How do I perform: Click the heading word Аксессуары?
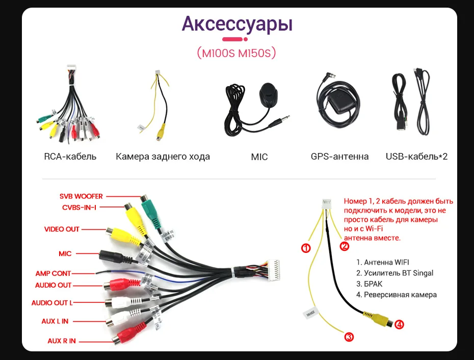tap(237, 24)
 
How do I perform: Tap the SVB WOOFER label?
tap(81, 196)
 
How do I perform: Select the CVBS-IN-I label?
tap(79, 207)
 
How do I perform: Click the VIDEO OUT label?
tap(62, 229)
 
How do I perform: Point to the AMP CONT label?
tap(53, 273)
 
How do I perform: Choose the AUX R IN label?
tap(62, 341)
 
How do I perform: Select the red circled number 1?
tap(306, 248)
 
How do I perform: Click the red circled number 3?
tap(349, 337)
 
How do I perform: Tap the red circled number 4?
tap(399, 324)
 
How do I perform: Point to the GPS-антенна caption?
tap(339, 157)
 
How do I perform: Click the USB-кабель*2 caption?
tap(416, 157)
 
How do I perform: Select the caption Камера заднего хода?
tap(163, 157)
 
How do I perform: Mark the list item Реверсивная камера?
tap(396, 295)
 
